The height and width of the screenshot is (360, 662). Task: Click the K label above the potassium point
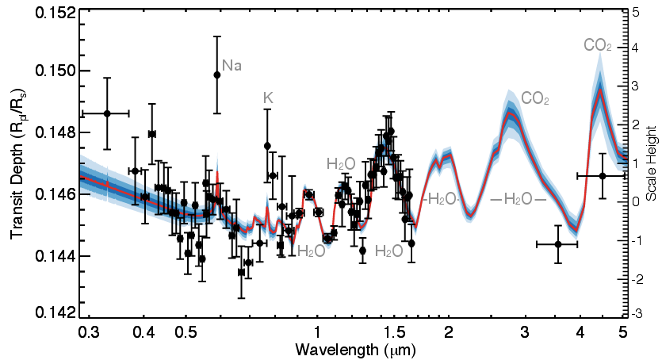(x=268, y=98)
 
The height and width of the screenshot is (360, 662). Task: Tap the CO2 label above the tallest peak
(x=597, y=46)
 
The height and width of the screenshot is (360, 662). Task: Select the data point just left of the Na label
(x=216, y=75)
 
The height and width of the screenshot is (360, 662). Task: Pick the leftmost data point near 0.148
(x=107, y=113)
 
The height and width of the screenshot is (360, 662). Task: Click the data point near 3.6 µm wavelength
(x=558, y=244)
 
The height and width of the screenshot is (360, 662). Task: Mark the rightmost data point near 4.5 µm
(x=603, y=175)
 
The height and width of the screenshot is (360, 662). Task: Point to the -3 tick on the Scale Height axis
(x=637, y=314)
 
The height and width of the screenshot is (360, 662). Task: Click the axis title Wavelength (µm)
(x=354, y=348)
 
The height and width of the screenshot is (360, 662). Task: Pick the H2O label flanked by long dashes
(x=519, y=199)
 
